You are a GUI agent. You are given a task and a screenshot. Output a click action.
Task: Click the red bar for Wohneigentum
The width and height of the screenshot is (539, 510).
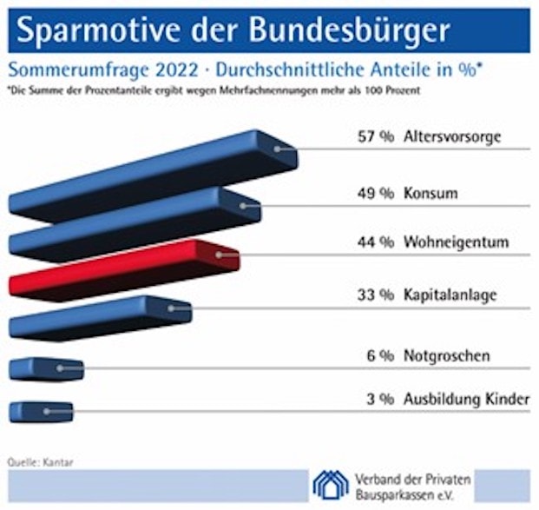point(122,272)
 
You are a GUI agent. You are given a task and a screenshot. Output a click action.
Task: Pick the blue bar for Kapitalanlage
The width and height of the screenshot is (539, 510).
point(100,318)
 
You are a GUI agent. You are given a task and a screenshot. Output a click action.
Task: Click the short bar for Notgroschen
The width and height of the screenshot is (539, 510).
point(45,368)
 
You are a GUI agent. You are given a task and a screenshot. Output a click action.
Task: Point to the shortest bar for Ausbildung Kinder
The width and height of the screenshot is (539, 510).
point(40,411)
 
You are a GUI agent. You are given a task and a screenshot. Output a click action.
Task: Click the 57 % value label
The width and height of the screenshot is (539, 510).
point(376,137)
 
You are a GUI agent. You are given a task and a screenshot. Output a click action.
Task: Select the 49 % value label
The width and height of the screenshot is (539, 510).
point(376,193)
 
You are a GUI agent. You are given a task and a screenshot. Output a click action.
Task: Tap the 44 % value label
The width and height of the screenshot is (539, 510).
point(376,242)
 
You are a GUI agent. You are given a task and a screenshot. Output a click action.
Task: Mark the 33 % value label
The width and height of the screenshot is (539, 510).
point(376,295)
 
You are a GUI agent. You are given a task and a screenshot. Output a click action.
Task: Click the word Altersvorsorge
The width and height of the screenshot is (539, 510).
point(453,137)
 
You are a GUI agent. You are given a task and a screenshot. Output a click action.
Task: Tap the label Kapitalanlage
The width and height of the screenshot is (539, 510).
point(450,295)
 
